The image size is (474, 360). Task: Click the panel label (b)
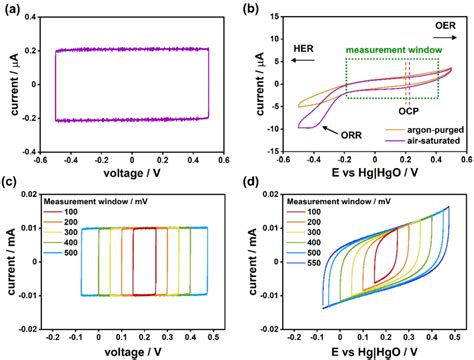[250, 9]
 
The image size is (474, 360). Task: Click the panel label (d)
[251, 187]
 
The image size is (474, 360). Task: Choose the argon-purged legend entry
[431, 130]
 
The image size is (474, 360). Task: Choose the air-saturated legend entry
[432, 142]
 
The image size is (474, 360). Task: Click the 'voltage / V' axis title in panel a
[130, 171]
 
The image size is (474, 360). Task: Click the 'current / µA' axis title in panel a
[9, 90]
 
